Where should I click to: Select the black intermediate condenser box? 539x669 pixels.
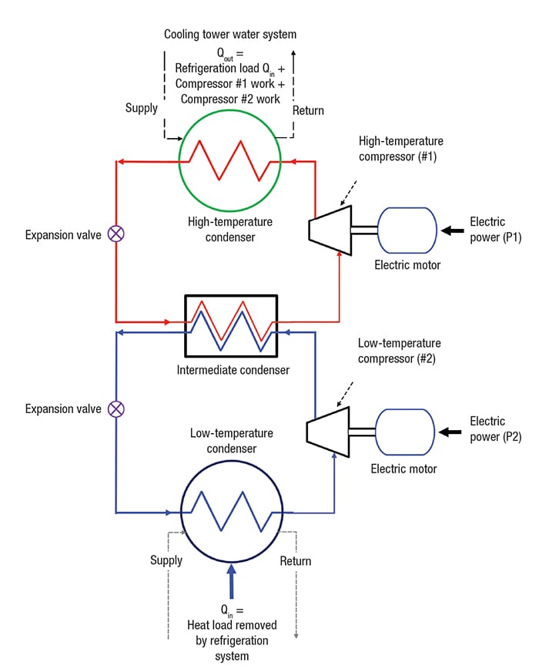tap(229, 325)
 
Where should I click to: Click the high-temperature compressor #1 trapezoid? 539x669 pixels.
tap(330, 229)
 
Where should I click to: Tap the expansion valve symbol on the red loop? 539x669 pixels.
tap(116, 234)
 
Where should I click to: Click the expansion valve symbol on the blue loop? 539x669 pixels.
tap(116, 408)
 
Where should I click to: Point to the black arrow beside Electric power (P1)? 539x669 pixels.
tap(454, 230)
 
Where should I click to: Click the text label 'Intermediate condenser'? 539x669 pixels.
tap(233, 370)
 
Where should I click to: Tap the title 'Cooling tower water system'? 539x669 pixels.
tap(229, 35)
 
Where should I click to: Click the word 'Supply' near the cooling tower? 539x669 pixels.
tap(142, 108)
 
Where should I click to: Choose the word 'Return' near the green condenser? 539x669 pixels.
tap(308, 111)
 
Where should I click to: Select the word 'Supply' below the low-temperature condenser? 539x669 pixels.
tap(166, 560)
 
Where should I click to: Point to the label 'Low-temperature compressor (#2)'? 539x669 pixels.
tap(399, 350)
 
